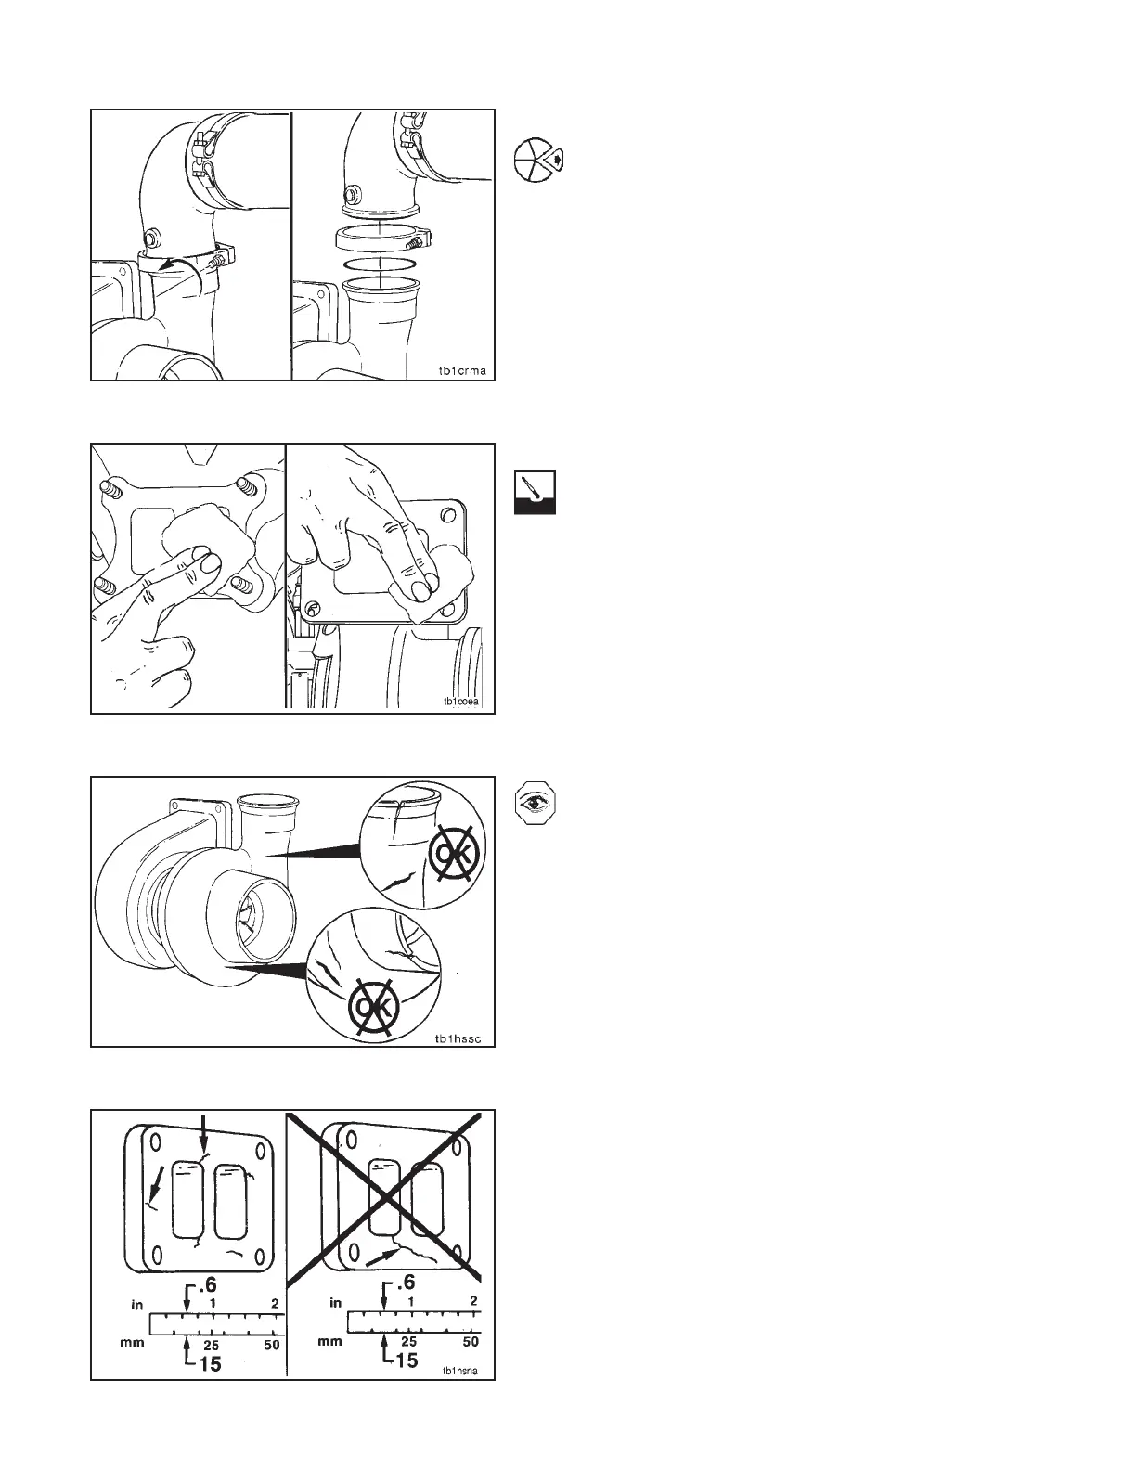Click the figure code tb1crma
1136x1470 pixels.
tap(463, 371)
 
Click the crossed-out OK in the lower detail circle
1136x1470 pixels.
tap(376, 1004)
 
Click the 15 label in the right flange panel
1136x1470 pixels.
tap(406, 1360)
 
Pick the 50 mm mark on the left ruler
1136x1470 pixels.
tap(271, 1345)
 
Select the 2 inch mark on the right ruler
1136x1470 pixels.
tap(473, 1300)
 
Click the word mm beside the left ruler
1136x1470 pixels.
tap(133, 1343)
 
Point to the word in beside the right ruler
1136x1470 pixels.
tap(336, 1303)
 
